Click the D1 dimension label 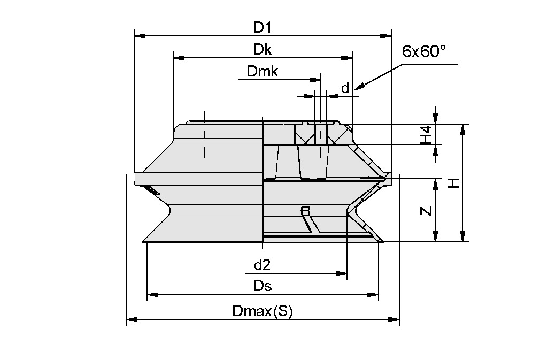click(x=262, y=27)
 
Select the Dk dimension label click(x=262, y=49)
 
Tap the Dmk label click(x=262, y=72)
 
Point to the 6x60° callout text click(x=423, y=51)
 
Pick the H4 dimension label click(x=426, y=135)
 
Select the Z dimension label click(x=426, y=211)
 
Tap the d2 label click(x=262, y=265)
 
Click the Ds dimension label click(x=262, y=286)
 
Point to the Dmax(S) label click(x=262, y=311)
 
